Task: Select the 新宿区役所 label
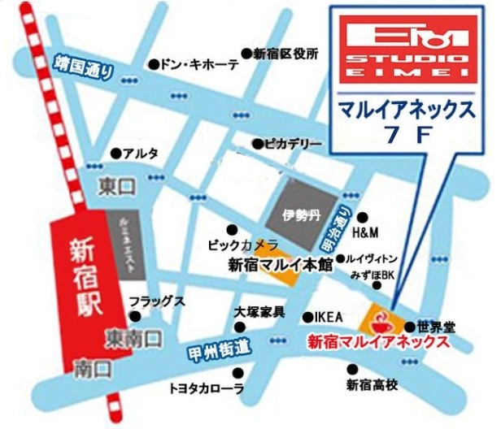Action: point(284,54)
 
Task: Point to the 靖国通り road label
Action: point(82,67)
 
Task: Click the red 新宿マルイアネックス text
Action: point(378,343)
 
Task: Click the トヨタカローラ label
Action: point(206,388)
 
